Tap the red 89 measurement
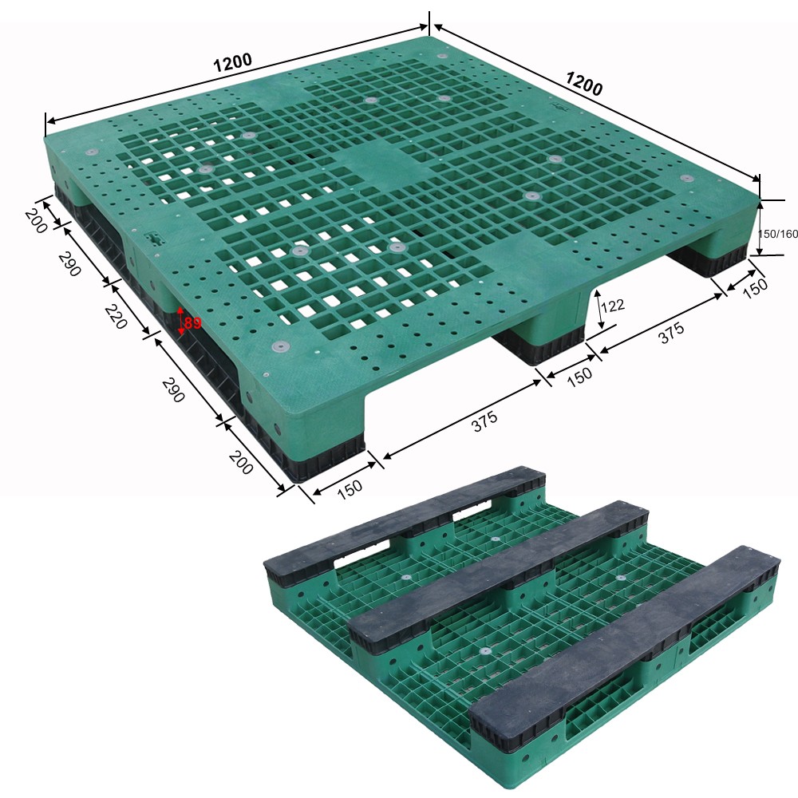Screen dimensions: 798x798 coord(192,323)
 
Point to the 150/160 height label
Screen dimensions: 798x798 coord(777,234)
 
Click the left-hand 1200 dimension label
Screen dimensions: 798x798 coord(233,62)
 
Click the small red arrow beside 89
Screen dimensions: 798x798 coord(181,318)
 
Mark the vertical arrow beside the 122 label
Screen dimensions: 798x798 coord(599,310)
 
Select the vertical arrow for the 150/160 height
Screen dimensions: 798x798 coord(760,227)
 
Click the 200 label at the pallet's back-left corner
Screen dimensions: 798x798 coord(35,219)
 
